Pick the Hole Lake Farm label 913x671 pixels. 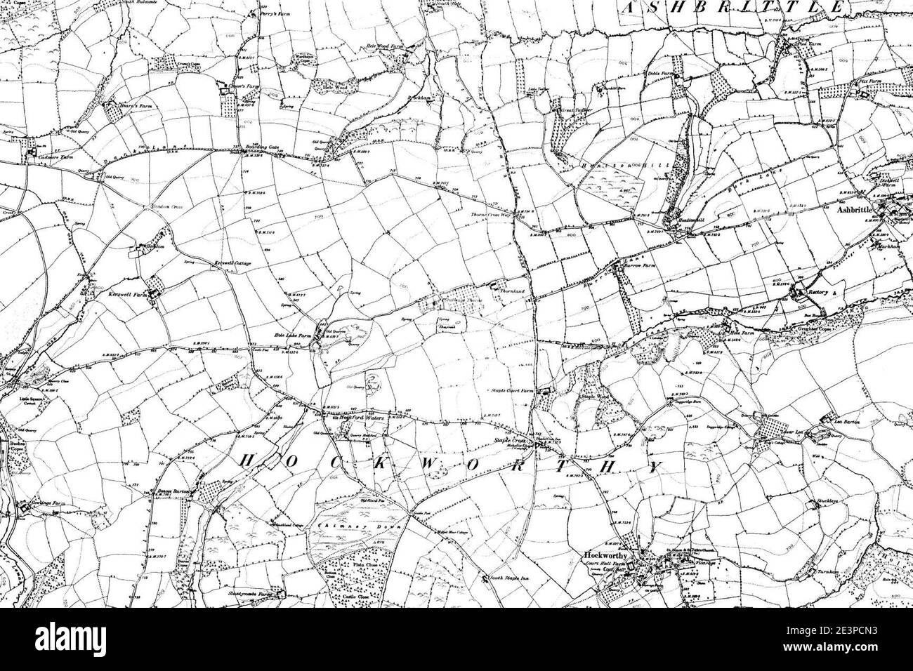point(294,336)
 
